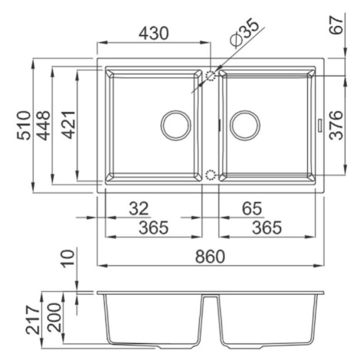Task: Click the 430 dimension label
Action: tap(154, 33)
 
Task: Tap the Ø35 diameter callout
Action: tap(244, 32)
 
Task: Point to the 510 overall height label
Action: tap(24, 125)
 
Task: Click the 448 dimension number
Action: tap(44, 125)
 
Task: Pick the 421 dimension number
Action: tap(69, 125)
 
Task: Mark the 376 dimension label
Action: tap(336, 125)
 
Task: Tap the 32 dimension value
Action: tap(139, 208)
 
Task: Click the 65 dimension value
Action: tap(252, 208)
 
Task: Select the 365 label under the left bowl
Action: tap(154, 227)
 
